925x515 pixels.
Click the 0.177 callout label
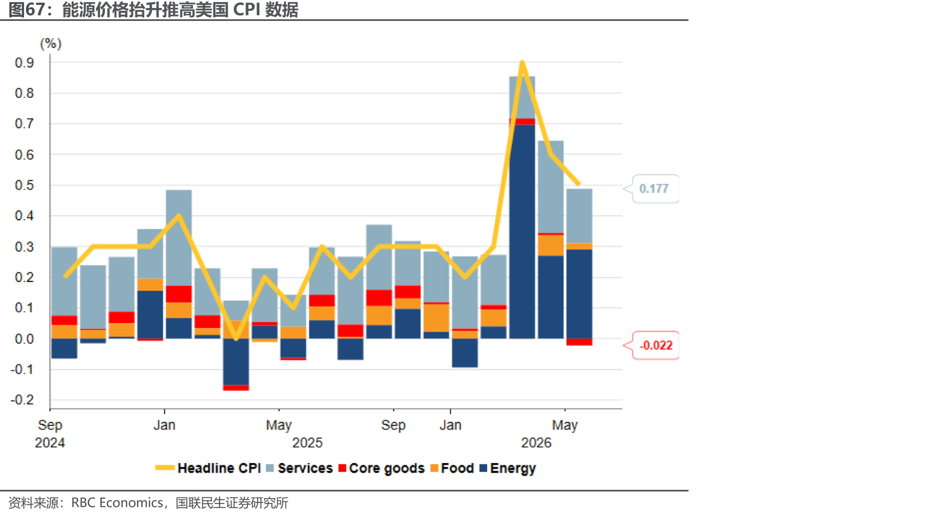[x=654, y=188]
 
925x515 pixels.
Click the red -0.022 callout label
[x=656, y=345]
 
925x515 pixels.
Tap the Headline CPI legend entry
[x=208, y=468]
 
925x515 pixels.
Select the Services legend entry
[x=299, y=468]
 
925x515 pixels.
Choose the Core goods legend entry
[x=382, y=468]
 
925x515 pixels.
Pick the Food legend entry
[x=452, y=468]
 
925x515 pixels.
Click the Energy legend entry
[x=508, y=468]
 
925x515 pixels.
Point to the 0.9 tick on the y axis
[x=24, y=63]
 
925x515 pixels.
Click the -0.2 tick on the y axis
[x=22, y=400]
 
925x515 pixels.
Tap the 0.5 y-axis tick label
[x=24, y=185]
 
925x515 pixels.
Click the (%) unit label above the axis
[x=51, y=43]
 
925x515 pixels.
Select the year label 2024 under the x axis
[x=50, y=442]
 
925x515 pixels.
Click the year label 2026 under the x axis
[x=536, y=442]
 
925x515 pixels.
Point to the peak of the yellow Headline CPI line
[x=522, y=62]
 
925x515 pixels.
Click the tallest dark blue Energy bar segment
[x=522, y=232]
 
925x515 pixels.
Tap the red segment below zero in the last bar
[x=579, y=342]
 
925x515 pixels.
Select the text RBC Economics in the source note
[x=117, y=503]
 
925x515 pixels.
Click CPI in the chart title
[x=247, y=10]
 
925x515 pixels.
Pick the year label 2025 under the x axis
[x=307, y=442]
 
